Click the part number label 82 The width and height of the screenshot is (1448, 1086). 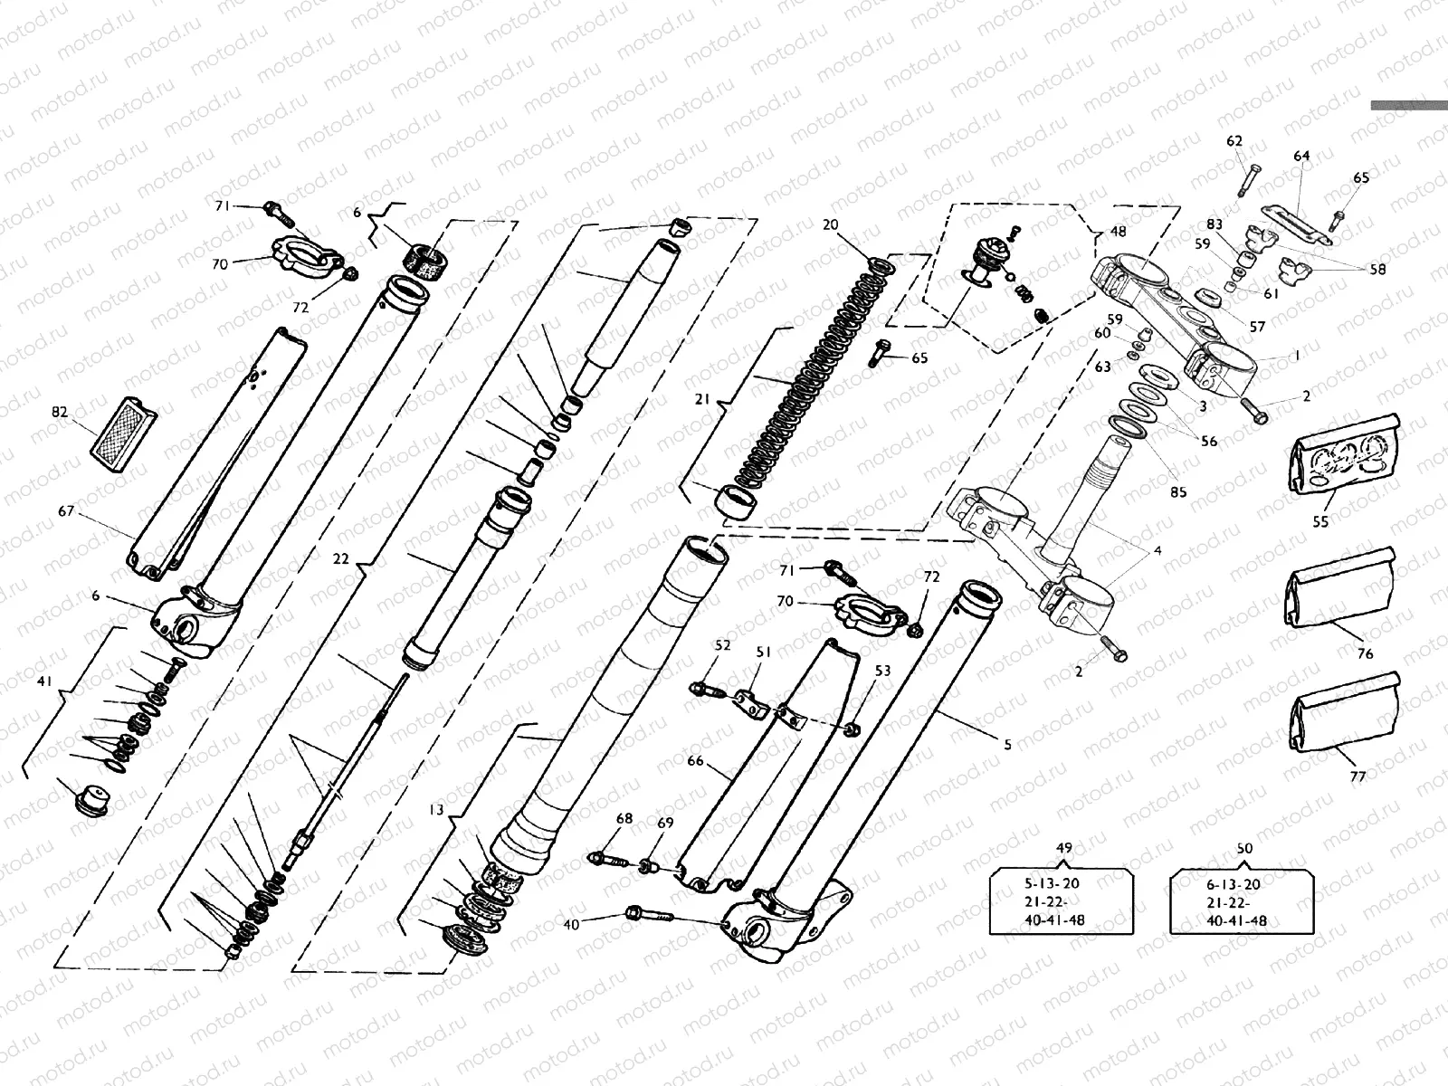(60, 412)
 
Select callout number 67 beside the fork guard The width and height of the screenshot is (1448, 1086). (66, 511)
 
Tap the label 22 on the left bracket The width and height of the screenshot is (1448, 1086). (340, 558)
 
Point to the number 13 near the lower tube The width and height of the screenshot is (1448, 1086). (437, 810)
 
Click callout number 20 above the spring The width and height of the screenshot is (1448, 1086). (831, 224)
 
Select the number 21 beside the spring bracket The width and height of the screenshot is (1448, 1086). (703, 399)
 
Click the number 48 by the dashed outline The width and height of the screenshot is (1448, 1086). (1119, 232)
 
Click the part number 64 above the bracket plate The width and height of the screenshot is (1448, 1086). (1300, 157)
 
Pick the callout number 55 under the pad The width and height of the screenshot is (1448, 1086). (1320, 522)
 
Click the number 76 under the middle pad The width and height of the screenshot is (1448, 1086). (1365, 653)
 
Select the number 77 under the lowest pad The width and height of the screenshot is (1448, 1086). (1357, 776)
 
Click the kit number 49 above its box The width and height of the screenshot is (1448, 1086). (1064, 848)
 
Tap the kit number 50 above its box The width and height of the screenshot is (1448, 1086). (1244, 848)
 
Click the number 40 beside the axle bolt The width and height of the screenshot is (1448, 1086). (571, 924)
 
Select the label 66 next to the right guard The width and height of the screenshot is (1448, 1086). (695, 761)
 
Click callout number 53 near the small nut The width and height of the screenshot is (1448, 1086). (882, 671)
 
